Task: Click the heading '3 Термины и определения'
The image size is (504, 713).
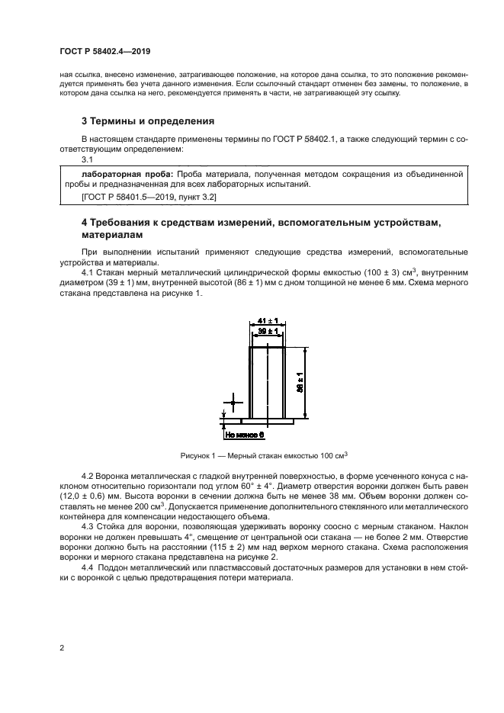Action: coord(147,120)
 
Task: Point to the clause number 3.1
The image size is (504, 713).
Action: coord(87,159)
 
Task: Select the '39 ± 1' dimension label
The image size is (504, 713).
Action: coord(268,332)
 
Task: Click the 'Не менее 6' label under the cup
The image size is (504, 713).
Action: coord(244,434)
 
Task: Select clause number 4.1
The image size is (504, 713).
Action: coord(87,271)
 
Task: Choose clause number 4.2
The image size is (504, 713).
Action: coord(87,476)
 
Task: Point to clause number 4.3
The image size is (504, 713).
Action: coord(87,526)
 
